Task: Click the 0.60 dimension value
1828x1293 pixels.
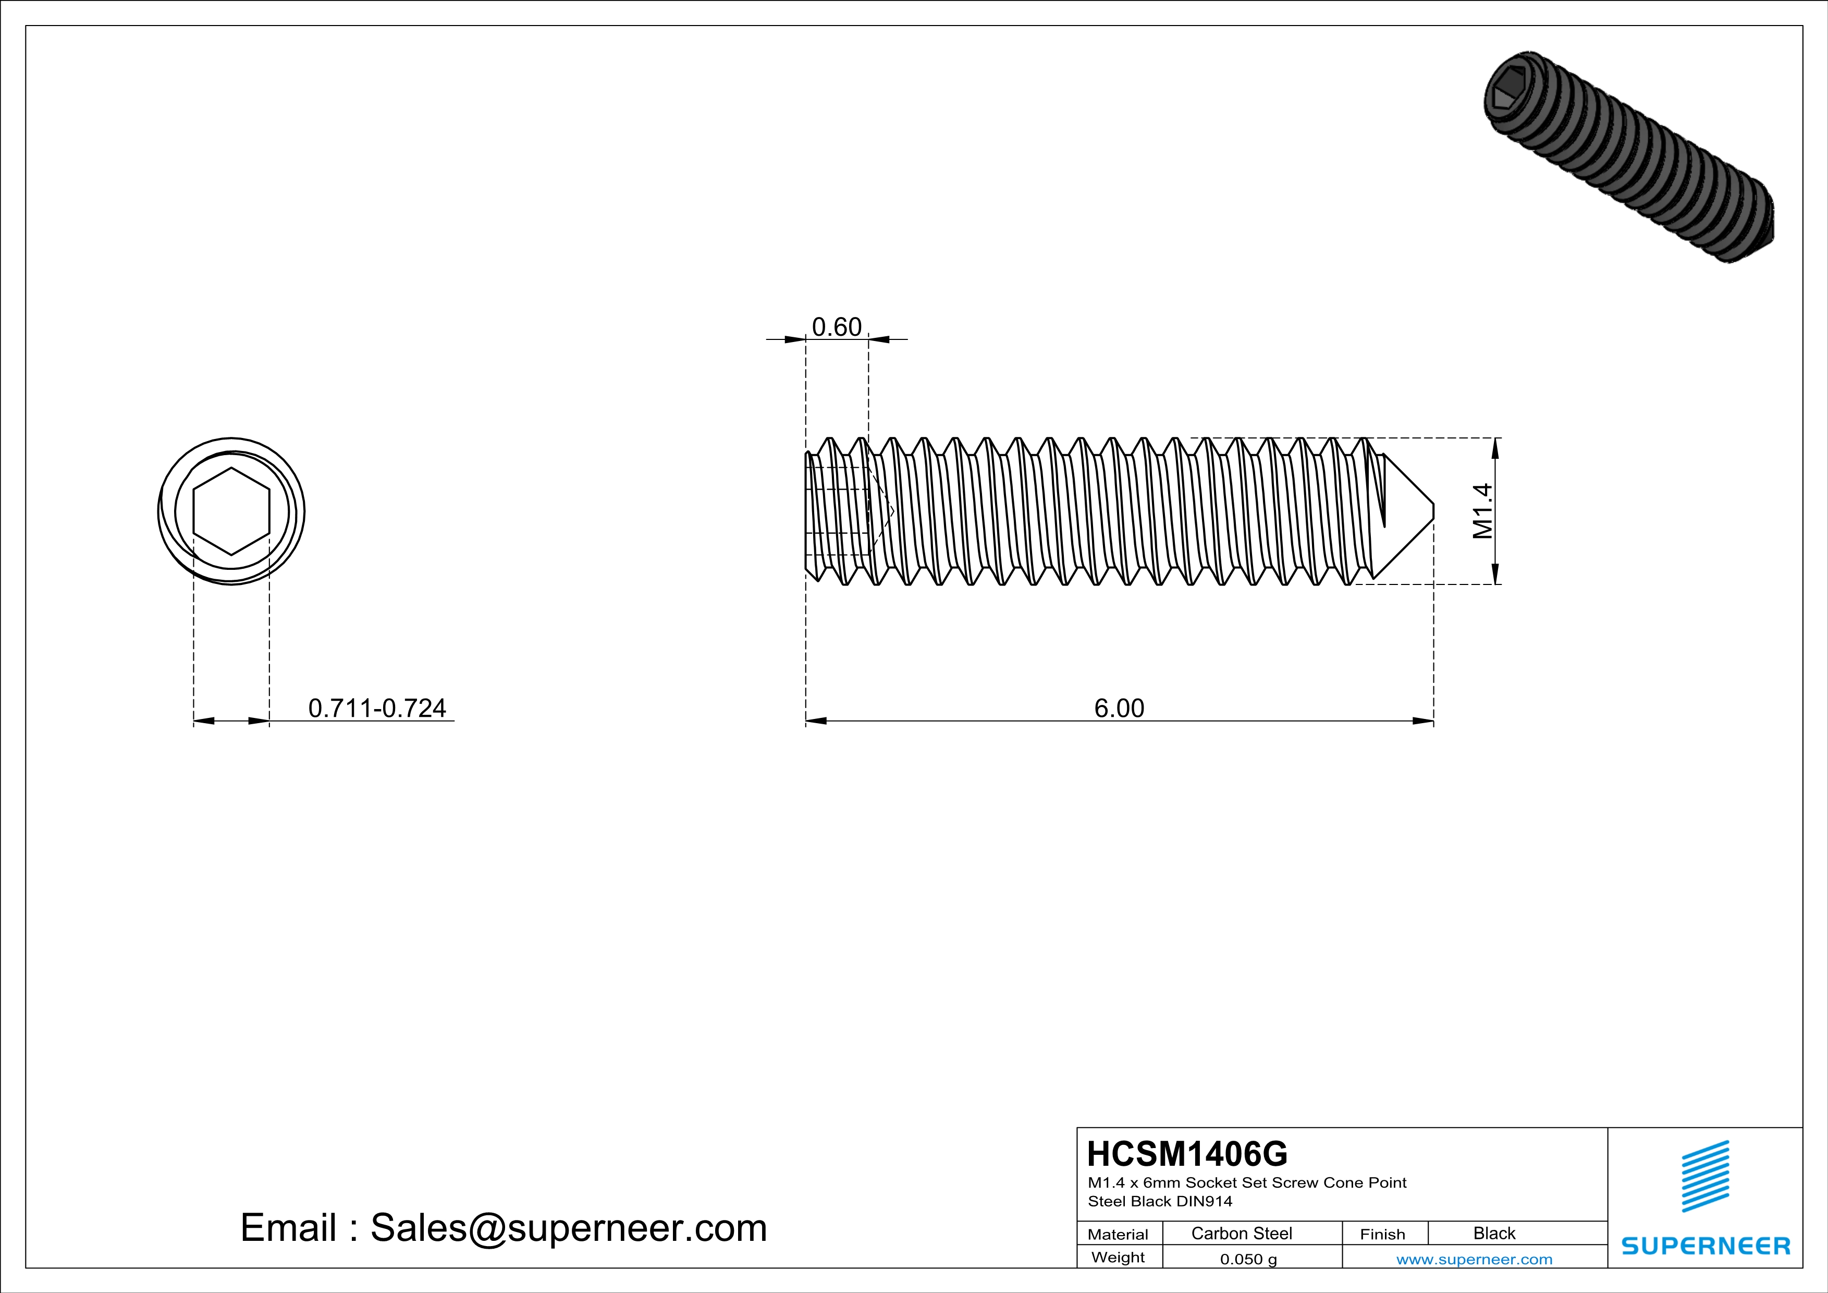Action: click(x=836, y=327)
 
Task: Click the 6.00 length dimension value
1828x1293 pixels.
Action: click(x=1119, y=708)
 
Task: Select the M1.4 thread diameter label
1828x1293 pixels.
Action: click(x=1482, y=511)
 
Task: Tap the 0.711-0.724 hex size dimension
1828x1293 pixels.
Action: click(x=376, y=708)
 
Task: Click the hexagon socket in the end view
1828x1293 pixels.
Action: click(x=231, y=511)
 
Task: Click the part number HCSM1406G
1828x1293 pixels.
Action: click(x=1186, y=1154)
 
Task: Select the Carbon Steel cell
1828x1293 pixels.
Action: click(x=1241, y=1233)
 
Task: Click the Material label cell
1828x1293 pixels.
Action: click(x=1118, y=1234)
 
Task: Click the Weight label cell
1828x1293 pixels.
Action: click(x=1118, y=1257)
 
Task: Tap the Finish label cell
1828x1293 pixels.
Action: click(x=1382, y=1234)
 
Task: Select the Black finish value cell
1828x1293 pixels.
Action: click(x=1493, y=1233)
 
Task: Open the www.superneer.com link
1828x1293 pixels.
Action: click(x=1474, y=1259)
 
